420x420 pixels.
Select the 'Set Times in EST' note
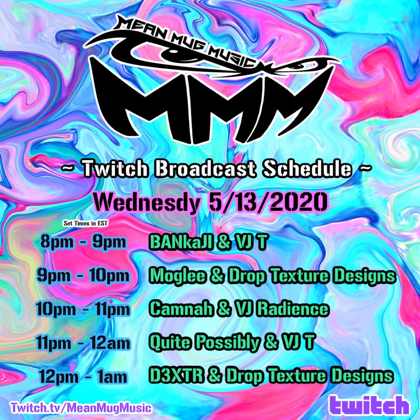(86, 223)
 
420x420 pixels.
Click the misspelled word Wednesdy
(147, 203)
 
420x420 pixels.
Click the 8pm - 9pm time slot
(83, 243)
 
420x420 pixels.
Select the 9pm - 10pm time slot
(83, 276)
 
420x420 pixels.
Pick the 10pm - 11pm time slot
(83, 309)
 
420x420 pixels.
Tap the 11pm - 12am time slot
(83, 343)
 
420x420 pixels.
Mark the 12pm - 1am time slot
(83, 377)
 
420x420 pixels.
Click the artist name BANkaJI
(181, 242)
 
